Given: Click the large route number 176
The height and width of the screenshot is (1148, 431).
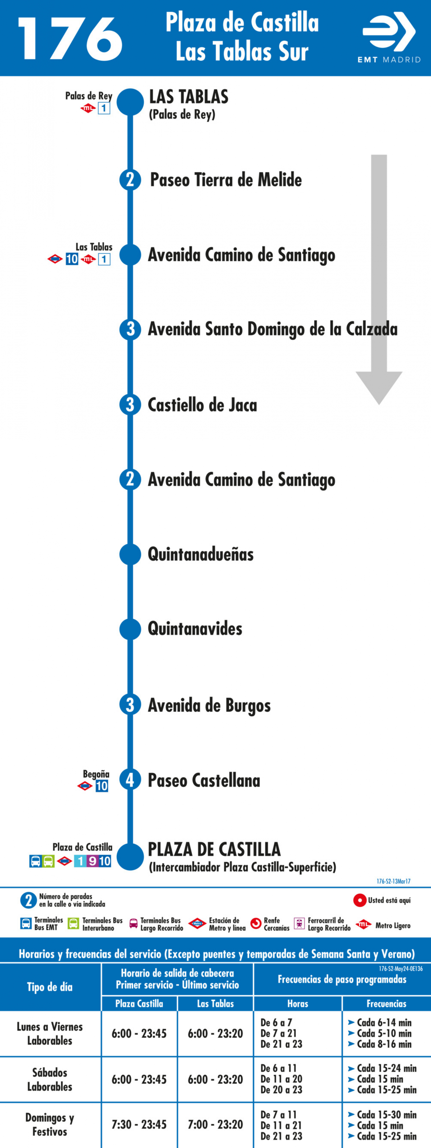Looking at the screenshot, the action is point(70,39).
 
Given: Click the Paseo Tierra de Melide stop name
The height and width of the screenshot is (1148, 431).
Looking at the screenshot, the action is point(226,180).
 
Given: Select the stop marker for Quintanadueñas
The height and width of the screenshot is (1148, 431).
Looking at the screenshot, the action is point(130,554).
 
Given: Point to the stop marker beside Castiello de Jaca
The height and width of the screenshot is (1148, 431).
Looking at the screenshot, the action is point(130,405).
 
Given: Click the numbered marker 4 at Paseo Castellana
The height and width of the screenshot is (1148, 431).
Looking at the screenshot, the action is point(130,780).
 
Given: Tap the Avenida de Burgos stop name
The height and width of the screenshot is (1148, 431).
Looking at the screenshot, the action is point(209,705).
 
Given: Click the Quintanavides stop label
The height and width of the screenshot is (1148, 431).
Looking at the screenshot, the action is point(195,629).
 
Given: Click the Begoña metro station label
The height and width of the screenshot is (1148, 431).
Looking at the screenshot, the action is point(96,774).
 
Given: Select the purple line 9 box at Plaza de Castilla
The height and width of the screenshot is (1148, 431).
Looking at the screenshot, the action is point(92,861).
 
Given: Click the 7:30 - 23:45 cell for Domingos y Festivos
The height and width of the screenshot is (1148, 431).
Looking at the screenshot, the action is point(139,1124).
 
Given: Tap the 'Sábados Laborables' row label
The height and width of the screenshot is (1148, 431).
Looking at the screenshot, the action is point(50,1079).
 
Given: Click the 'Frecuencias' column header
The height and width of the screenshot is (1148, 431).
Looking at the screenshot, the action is point(386,1003).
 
